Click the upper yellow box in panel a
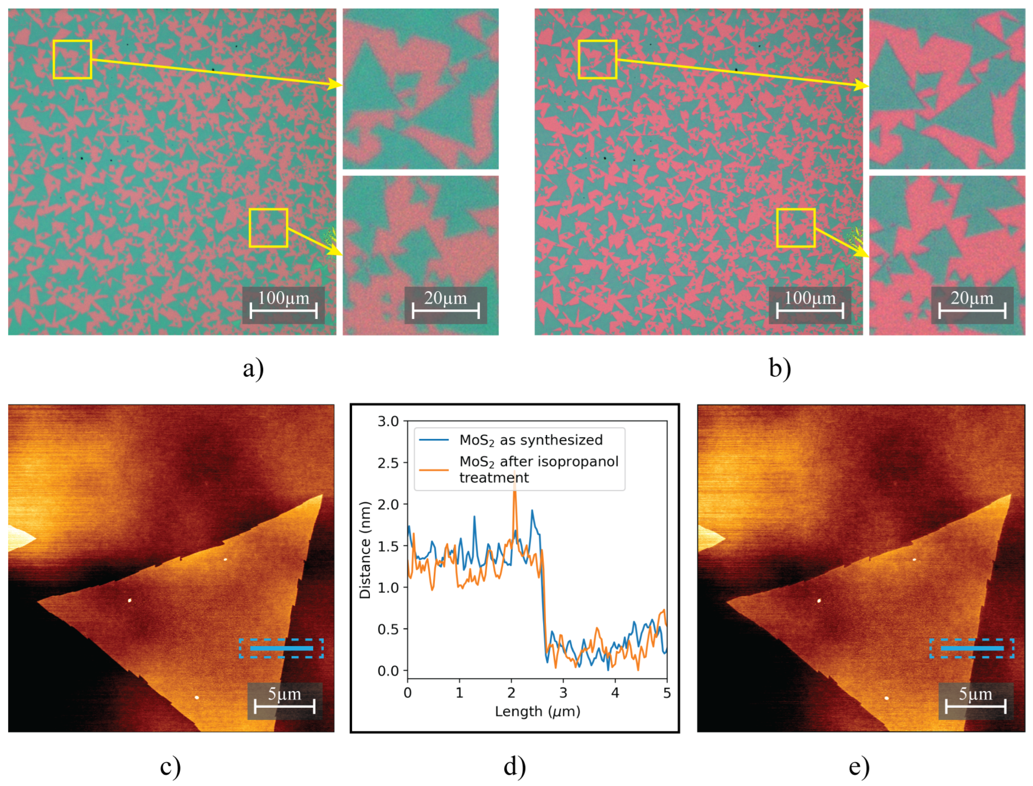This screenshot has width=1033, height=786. pos(72,60)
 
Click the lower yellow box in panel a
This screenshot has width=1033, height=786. pos(268,228)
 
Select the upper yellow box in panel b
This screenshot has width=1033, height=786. pos(597,60)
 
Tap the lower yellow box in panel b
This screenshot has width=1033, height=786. pos(796,228)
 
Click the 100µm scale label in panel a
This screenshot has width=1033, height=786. pos(284,298)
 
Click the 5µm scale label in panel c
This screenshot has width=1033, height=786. pos(284,694)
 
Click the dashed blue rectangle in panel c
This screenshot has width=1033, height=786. pos(281,648)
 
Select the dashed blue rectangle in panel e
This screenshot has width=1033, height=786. pos(972,648)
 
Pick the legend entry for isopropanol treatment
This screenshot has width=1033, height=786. pos(538,469)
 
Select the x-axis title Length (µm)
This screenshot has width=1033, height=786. pos(537,712)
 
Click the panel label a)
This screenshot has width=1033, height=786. pos(253,368)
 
